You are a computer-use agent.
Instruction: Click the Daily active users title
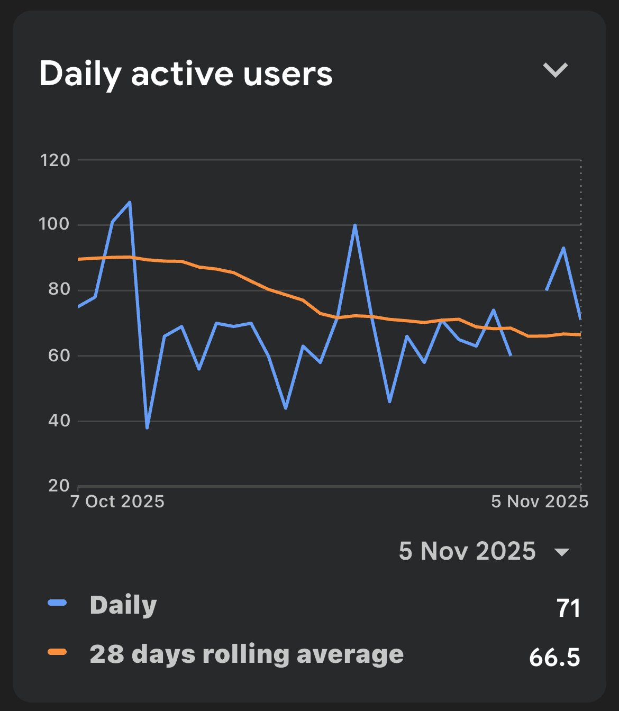click(186, 74)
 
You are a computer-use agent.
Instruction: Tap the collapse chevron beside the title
click(555, 70)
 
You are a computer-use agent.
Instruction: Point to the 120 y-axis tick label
click(54, 160)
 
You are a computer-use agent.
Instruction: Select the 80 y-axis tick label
click(59, 289)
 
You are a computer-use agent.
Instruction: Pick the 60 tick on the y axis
click(59, 355)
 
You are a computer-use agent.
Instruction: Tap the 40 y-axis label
click(59, 421)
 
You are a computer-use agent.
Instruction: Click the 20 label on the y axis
click(59, 485)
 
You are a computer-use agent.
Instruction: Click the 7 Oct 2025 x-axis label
click(117, 502)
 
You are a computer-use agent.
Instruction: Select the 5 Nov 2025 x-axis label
click(539, 502)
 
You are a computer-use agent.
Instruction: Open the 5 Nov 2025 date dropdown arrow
click(561, 552)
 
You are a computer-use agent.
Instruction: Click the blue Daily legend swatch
click(57, 603)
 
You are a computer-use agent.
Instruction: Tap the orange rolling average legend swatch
click(57, 652)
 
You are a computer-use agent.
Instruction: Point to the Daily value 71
click(568, 608)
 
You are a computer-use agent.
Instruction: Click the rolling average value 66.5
click(554, 658)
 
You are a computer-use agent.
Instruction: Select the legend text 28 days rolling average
click(247, 654)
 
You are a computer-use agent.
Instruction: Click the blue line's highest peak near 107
click(130, 202)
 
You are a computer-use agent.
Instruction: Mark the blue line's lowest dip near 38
click(147, 427)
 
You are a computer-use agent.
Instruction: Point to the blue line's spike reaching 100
click(354, 225)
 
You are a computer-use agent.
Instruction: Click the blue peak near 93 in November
click(563, 248)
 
